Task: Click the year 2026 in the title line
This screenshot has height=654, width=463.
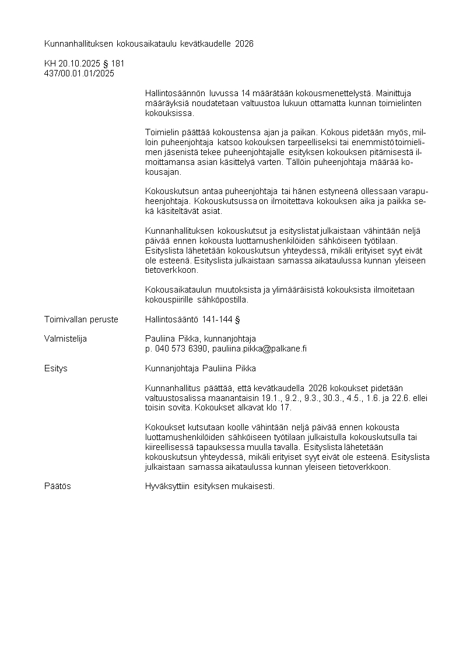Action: [244, 43]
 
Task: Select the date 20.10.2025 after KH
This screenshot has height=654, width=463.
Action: [79, 64]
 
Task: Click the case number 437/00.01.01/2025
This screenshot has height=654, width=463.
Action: [79, 73]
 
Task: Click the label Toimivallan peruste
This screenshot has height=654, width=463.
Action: [81, 319]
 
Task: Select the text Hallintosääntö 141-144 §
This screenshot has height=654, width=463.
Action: [193, 319]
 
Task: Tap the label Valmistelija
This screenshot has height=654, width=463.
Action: [65, 339]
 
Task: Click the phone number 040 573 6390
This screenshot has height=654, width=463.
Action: [181, 349]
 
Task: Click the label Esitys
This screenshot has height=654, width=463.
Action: [56, 368]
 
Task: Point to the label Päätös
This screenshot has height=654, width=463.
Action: [58, 486]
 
